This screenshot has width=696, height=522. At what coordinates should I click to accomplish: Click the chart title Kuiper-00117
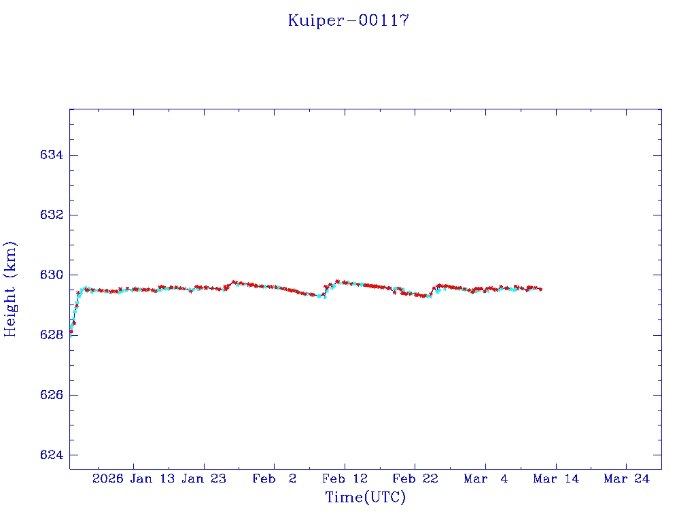(348, 20)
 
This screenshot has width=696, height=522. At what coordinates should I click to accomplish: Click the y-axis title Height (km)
(10, 289)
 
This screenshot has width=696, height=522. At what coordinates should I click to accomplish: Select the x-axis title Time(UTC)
(366, 498)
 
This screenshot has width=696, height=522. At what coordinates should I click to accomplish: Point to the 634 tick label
(52, 155)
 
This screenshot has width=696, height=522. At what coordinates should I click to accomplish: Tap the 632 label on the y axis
(52, 215)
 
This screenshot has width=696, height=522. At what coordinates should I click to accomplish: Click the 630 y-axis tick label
(52, 275)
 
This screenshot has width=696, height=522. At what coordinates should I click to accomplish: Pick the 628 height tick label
(52, 335)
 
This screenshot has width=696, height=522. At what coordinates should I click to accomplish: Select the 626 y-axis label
(52, 395)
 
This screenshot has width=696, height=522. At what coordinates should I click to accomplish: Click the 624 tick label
(52, 455)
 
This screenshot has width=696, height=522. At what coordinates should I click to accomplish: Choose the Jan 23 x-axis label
(205, 478)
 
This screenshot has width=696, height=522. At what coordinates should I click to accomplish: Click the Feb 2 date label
(275, 478)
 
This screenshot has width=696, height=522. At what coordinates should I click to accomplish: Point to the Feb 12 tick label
(345, 478)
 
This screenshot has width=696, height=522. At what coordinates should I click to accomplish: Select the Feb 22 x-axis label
(415, 478)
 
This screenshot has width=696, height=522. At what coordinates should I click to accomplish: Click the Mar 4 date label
(486, 478)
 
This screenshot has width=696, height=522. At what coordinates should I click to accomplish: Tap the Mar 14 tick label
(556, 478)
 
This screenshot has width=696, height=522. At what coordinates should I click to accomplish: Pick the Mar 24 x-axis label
(627, 478)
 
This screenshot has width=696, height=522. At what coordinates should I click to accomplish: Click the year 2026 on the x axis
(108, 478)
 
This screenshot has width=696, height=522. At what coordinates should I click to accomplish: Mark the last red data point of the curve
(540, 290)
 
